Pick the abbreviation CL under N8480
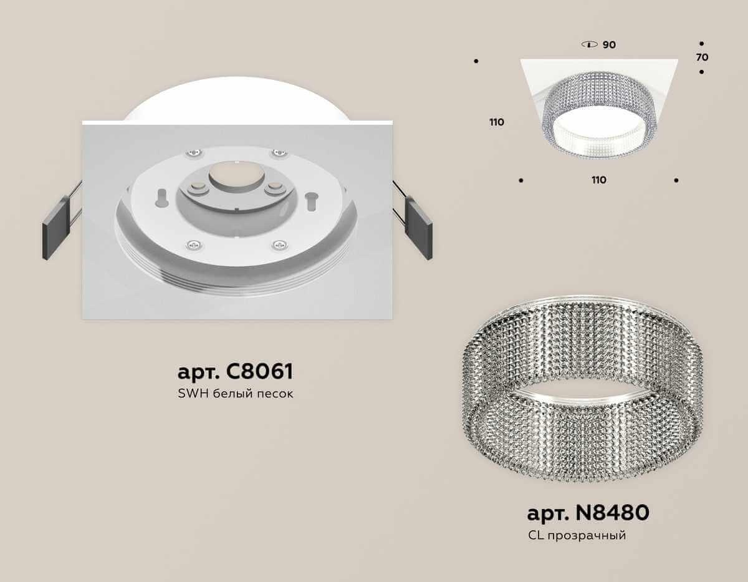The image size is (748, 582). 535,535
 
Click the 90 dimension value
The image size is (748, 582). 609,45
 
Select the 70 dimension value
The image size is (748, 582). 702,57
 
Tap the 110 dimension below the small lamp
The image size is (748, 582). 598,180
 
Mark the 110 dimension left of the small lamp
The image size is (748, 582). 497,122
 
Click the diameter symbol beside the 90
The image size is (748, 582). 588,45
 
